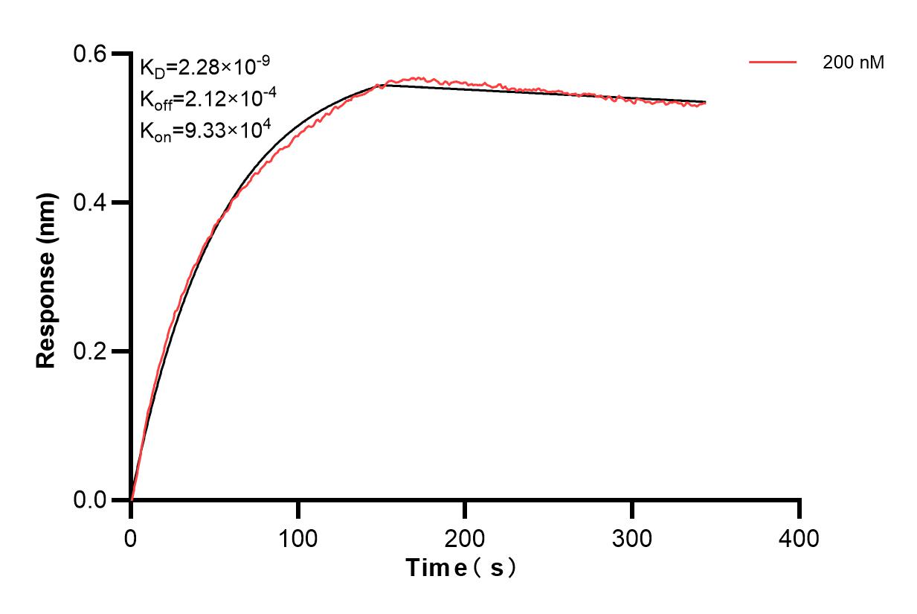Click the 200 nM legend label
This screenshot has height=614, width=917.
click(x=853, y=63)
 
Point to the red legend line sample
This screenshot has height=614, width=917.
click(x=773, y=63)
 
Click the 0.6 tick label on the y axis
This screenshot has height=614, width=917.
click(x=91, y=54)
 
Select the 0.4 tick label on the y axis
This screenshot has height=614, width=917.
click(x=91, y=202)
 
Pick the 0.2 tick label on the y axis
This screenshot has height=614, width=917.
click(x=91, y=351)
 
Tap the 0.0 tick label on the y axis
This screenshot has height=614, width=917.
click(x=91, y=500)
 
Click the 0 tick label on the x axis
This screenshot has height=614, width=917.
click(x=131, y=537)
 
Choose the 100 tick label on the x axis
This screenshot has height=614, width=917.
click(x=297, y=537)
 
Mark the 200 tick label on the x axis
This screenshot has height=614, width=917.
click(x=465, y=537)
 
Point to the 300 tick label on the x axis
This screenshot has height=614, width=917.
click(x=632, y=537)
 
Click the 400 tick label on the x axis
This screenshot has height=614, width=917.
click(x=799, y=537)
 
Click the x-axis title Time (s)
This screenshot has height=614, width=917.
click(x=461, y=569)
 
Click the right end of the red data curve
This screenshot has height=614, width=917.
click(x=705, y=103)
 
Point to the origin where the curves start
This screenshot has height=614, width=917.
click(x=132, y=499)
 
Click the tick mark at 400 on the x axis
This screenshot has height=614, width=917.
click(x=799, y=510)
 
